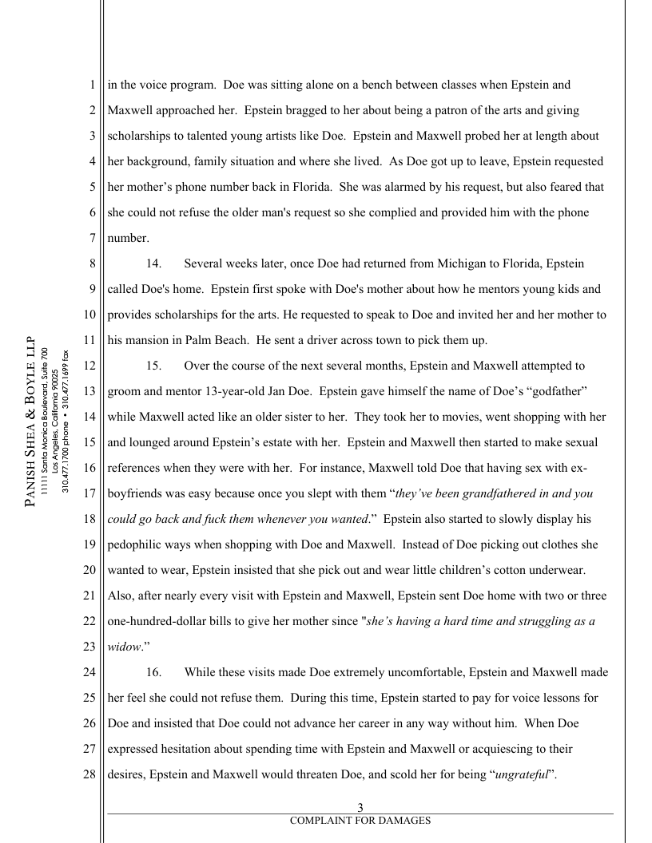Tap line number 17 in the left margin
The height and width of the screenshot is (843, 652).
pyautogui.click(x=89, y=493)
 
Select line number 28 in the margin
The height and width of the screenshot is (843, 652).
pyautogui.click(x=89, y=774)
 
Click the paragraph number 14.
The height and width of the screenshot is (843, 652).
pyautogui.click(x=153, y=263)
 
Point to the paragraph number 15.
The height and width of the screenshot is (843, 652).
pyautogui.click(x=153, y=366)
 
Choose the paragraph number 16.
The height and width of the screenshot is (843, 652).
pyautogui.click(x=153, y=672)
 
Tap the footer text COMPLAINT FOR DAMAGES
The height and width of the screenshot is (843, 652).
pyautogui.click(x=360, y=821)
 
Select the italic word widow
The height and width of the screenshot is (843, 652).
pyautogui.click(x=122, y=647)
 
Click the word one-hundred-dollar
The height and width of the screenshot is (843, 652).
pyautogui.click(x=163, y=621)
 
